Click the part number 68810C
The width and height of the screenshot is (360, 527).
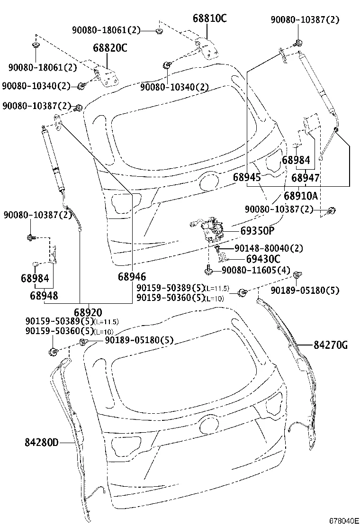pos(209,18)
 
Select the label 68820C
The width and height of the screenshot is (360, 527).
pos(110,48)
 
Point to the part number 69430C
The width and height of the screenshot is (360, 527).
pos(263,259)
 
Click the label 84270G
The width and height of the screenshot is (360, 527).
pos(330,345)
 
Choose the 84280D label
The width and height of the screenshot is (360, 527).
pos(42,443)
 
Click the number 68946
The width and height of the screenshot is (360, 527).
pos(132,277)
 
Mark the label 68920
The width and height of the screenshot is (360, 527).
pos(88,312)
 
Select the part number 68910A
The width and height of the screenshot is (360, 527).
pos(300,195)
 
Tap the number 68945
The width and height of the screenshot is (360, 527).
pos(247,178)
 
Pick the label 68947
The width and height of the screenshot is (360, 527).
pos(305,178)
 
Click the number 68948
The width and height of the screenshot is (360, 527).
pos(44,295)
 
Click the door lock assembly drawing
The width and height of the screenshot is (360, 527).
pos(210,230)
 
